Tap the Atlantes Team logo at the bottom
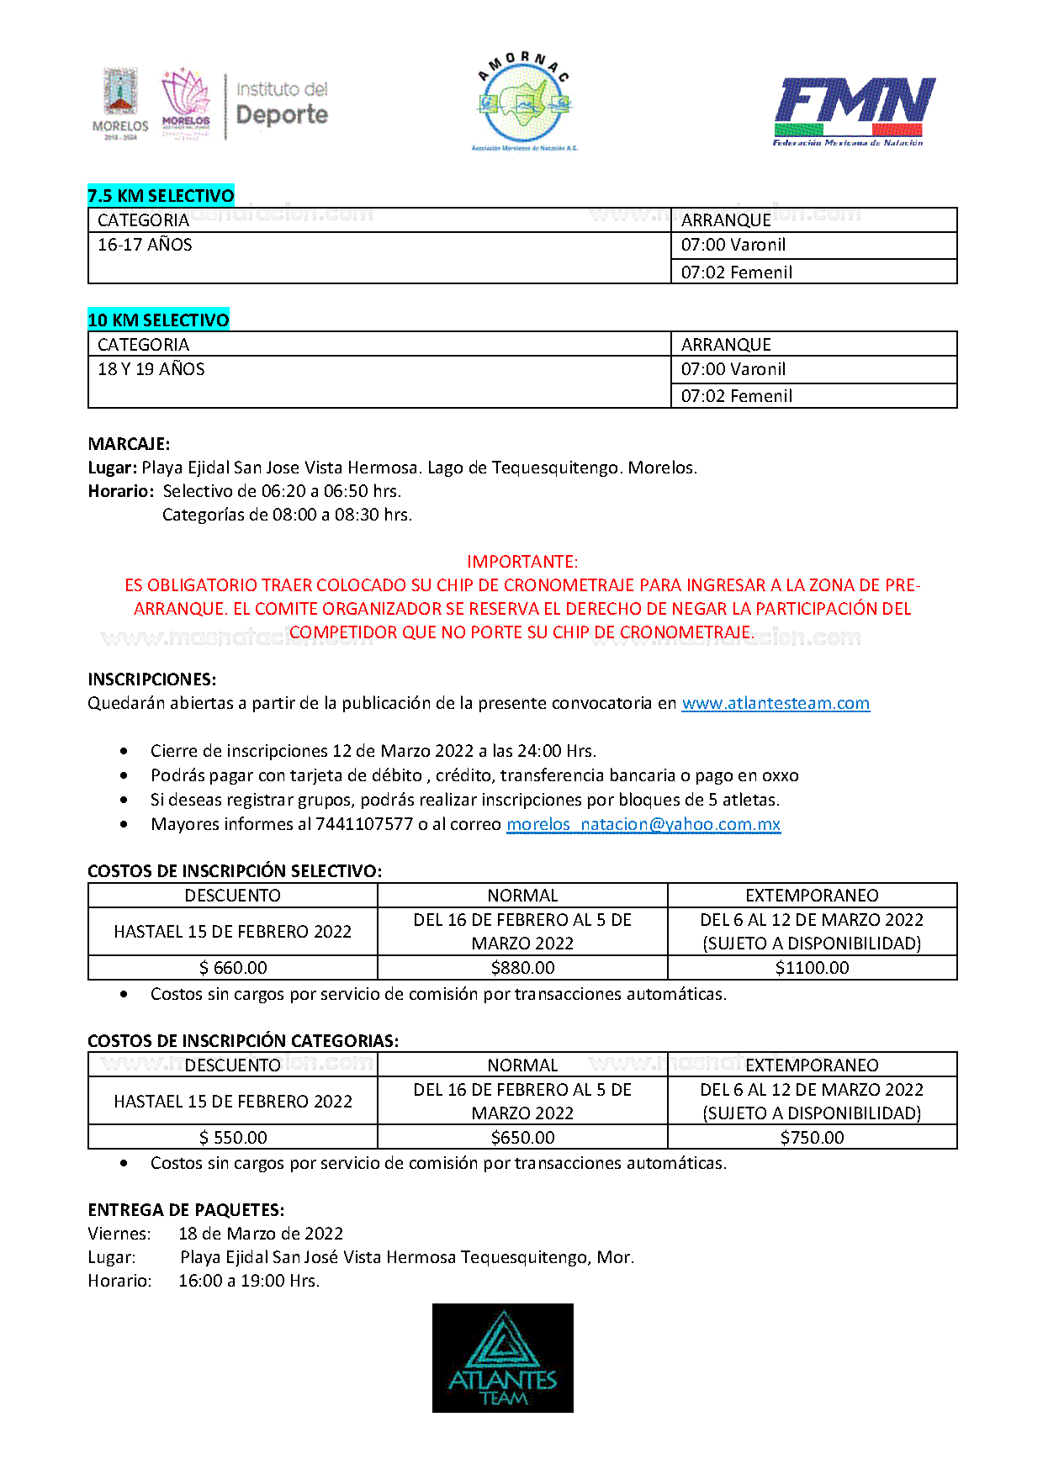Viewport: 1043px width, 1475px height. click(x=502, y=1357)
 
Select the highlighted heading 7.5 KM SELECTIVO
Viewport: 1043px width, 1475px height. click(x=161, y=196)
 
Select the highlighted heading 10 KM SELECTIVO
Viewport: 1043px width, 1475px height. click(x=158, y=320)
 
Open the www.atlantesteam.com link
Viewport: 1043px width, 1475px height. click(x=776, y=703)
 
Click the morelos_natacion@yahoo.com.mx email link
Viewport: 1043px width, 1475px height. click(x=643, y=824)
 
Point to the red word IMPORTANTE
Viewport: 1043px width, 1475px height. click(x=522, y=562)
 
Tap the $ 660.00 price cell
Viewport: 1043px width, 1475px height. click(x=233, y=968)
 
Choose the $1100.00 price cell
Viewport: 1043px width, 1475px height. click(x=812, y=968)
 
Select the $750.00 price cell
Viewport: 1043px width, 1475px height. click(x=812, y=1138)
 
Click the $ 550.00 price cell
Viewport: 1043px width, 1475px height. click(x=233, y=1138)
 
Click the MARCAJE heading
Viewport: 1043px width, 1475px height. click(x=129, y=444)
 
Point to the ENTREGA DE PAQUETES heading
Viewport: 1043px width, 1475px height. click(x=186, y=1210)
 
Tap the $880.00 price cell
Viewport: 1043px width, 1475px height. click(x=522, y=968)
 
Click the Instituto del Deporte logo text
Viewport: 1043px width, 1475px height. click(x=282, y=104)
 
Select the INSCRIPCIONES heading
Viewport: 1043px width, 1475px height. click(x=152, y=679)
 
